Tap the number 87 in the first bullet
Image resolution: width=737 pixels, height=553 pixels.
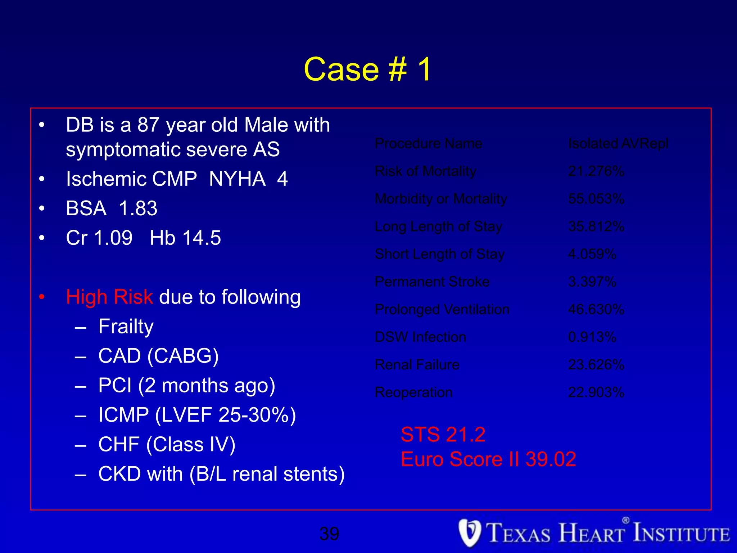point(148,125)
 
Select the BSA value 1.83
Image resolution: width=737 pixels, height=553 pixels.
point(138,208)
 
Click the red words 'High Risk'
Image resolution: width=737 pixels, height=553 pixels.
point(110,297)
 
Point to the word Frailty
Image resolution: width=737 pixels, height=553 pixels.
point(126,327)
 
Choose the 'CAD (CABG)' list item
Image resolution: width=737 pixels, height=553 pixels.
point(158,356)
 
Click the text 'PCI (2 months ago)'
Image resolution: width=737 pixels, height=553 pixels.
point(187,386)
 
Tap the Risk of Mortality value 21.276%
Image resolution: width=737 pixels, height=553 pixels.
point(596,171)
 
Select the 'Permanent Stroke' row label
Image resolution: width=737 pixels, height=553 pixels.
point(432,282)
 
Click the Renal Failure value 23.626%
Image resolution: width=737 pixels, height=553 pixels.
point(596,365)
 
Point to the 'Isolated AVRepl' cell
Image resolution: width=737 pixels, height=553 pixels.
point(618,144)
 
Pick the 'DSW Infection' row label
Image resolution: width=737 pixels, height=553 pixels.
point(420,337)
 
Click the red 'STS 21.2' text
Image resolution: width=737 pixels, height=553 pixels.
point(443,434)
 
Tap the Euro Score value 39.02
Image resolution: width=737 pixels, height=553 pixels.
point(551,459)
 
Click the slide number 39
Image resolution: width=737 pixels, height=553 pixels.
point(329,534)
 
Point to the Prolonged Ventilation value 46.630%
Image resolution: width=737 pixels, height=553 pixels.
point(596,309)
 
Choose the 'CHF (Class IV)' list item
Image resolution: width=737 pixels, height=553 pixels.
point(167,445)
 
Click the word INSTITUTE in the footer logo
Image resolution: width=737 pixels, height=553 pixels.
point(682,534)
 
